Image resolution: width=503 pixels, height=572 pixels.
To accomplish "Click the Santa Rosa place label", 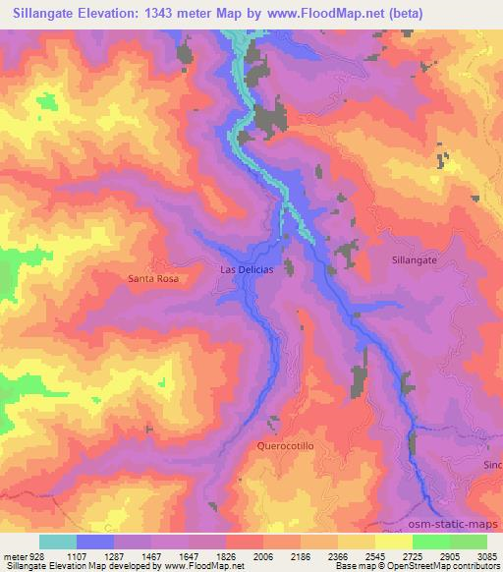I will click(x=152, y=279).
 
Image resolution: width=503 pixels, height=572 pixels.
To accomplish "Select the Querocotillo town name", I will click(x=287, y=444).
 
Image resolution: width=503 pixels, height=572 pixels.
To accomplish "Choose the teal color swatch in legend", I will click(x=58, y=542).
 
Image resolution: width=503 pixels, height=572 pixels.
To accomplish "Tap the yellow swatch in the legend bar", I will click(x=393, y=542).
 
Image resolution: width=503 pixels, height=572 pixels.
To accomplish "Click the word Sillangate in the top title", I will click(x=51, y=14).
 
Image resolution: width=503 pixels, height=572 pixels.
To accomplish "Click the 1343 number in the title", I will click(x=180, y=14).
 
